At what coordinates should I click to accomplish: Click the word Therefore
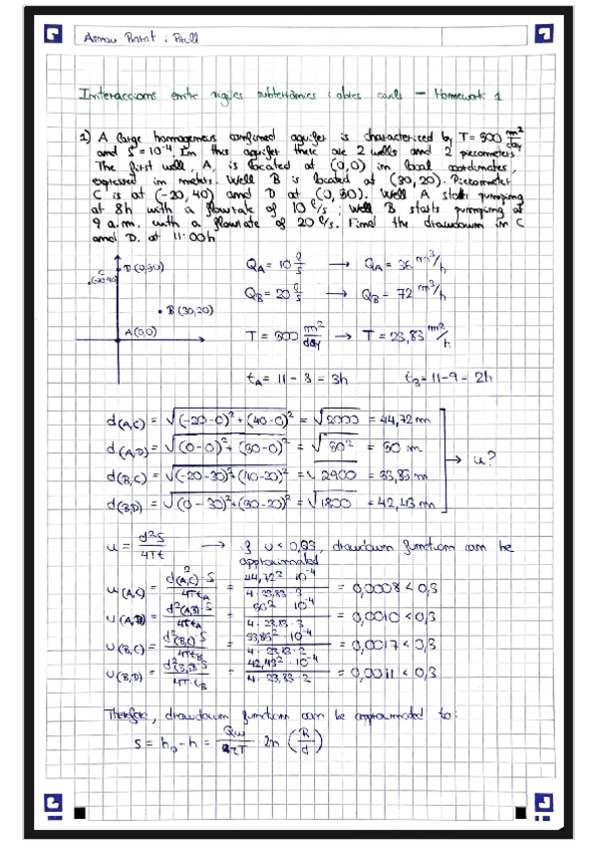tap(134, 714)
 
